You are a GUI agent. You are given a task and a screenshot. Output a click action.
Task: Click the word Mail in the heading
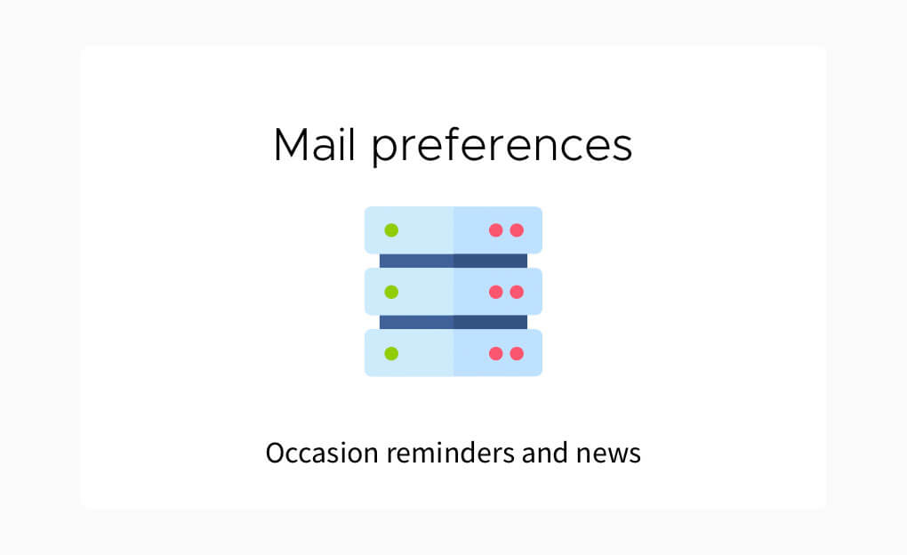[x=314, y=144]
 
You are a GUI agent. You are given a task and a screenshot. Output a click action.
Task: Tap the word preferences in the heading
[x=502, y=147]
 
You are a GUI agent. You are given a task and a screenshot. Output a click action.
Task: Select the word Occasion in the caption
[x=322, y=453]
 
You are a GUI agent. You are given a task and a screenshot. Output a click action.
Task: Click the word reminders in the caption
[x=451, y=453]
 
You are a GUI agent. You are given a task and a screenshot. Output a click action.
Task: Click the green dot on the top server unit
[x=391, y=230]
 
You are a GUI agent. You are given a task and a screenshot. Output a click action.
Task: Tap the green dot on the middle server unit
[x=391, y=292]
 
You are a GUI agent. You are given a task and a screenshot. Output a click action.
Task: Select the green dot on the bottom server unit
[x=391, y=353]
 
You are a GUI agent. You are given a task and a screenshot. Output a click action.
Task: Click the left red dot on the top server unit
[x=495, y=230]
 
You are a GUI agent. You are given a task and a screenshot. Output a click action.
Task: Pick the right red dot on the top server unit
[x=518, y=230]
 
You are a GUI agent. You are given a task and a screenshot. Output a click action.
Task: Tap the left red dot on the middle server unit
[x=495, y=292]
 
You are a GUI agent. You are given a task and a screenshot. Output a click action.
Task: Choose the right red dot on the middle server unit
[x=518, y=292]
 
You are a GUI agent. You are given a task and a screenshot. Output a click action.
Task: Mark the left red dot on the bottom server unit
[x=495, y=353]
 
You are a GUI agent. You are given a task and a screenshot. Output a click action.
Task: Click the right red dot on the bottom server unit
[x=518, y=353]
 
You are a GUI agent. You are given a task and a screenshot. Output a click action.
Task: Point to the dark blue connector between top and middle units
[x=453, y=261]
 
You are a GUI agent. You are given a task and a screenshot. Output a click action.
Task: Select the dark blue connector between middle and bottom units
[x=453, y=322]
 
